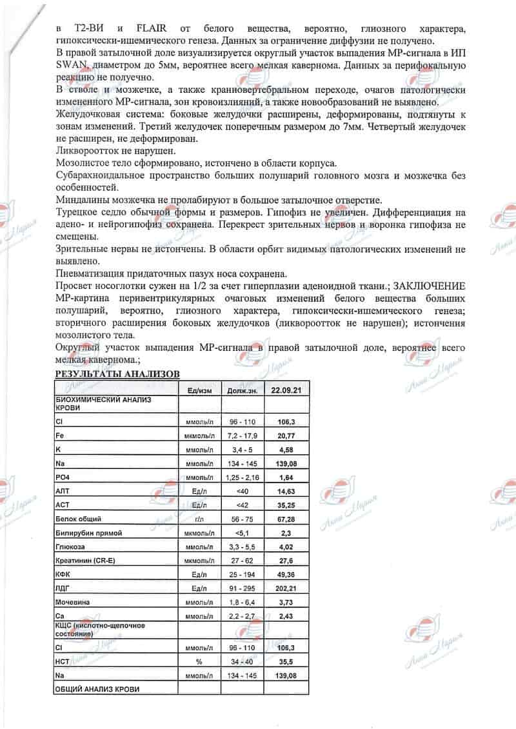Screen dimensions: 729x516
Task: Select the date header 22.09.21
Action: pyautogui.click(x=286, y=390)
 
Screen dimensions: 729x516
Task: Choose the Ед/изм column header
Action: pyautogui.click(x=199, y=390)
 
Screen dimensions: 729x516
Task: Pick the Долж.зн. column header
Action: pyautogui.click(x=243, y=390)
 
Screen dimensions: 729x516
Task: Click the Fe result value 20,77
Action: pyautogui.click(x=286, y=437)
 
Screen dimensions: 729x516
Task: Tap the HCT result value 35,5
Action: pyautogui.click(x=286, y=661)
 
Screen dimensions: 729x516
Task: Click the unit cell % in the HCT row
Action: pyautogui.click(x=199, y=661)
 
